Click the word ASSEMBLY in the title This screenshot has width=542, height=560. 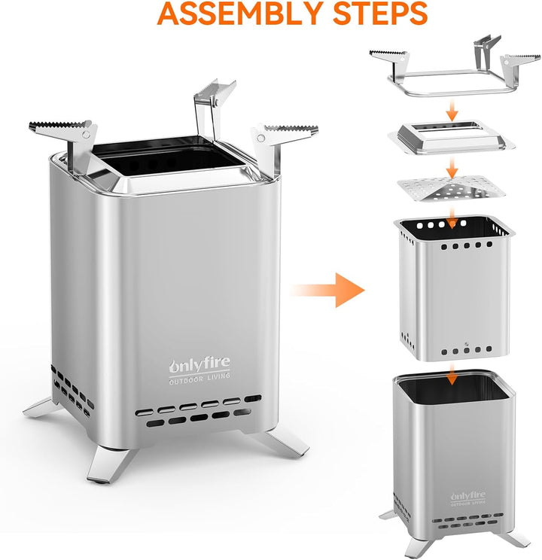tap(240, 13)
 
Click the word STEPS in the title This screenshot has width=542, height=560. tap(380, 13)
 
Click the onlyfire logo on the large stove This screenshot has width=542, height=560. tap(199, 364)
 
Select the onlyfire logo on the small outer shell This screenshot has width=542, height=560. tap(467, 496)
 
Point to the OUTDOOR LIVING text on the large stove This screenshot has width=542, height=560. tap(199, 379)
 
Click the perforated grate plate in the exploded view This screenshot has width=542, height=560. tap(451, 188)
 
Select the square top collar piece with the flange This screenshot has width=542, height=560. tap(451, 138)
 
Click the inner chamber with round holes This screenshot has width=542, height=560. tap(454, 288)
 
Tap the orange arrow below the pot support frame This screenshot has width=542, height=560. tap(452, 111)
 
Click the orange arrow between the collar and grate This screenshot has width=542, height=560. tap(452, 169)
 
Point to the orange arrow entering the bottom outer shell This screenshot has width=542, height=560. tap(452, 375)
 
